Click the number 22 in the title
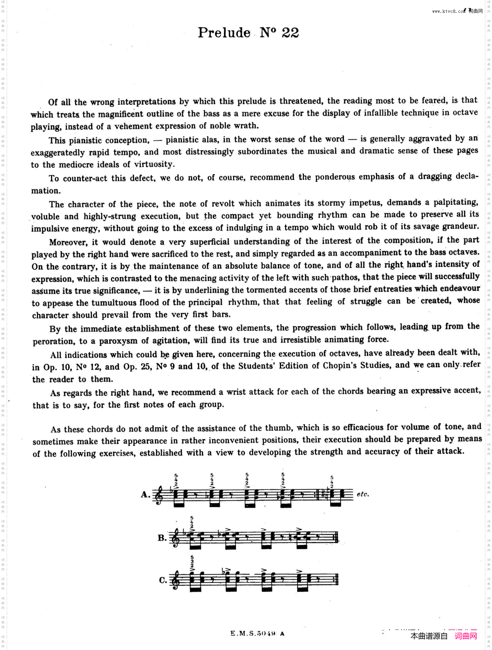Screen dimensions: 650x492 tap(290, 33)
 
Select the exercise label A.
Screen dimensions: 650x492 tap(145, 494)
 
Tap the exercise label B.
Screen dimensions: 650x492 tap(162, 538)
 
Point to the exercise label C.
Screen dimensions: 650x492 tap(163, 580)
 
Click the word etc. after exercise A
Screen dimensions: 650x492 tap(363, 494)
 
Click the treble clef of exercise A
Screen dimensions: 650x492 tap(158, 495)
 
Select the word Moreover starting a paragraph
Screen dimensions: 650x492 tap(68, 242)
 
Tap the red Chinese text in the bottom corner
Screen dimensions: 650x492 tap(466, 636)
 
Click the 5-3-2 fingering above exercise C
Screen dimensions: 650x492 tap(192, 561)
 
